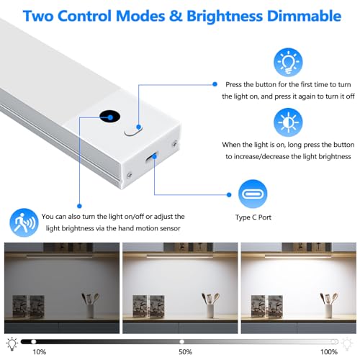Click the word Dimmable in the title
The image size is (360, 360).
[304, 16]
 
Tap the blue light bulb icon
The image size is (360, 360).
[288, 62]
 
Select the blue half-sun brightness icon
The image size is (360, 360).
[288, 122]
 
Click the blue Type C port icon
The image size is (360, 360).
[253, 194]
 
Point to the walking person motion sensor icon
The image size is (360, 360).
[24, 222]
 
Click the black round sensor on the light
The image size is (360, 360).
[110, 117]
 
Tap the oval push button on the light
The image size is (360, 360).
[133, 130]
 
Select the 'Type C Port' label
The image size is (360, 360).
[253, 217]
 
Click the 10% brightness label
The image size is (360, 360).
[40, 352]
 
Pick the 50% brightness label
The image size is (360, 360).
[185, 352]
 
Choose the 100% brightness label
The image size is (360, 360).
[329, 352]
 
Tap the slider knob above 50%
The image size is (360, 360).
[182, 341]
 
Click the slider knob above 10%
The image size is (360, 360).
[34, 341]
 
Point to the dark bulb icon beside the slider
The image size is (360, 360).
[12, 343]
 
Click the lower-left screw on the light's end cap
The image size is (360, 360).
[129, 176]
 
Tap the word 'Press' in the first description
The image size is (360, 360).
[234, 85]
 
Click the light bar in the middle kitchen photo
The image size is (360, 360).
[180, 256]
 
